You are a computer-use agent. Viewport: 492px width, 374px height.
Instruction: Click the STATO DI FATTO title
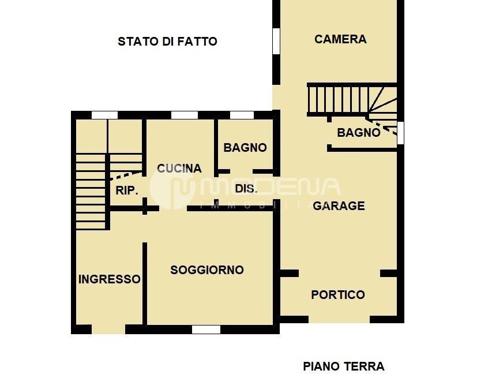[167, 42]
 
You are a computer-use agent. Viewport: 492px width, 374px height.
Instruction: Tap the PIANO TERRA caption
[343, 366]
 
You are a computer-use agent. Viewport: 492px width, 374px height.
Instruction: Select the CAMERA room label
[340, 39]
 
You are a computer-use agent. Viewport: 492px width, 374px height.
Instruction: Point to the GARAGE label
[339, 205]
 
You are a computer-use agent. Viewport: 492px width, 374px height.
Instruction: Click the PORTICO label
[338, 295]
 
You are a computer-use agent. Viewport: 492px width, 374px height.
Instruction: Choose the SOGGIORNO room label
[207, 270]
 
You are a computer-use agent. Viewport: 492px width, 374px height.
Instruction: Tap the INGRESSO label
[109, 279]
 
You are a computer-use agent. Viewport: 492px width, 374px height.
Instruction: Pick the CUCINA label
[179, 169]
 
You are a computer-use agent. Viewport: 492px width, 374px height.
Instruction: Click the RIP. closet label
[127, 190]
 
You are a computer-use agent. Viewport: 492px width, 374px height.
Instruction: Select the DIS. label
[246, 189]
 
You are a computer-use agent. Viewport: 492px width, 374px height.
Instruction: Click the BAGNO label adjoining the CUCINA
[245, 148]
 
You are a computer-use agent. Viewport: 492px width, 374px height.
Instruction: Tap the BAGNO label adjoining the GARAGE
[359, 133]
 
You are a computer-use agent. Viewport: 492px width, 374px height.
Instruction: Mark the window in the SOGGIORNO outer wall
[206, 330]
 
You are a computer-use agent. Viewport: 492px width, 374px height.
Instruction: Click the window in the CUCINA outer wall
[185, 115]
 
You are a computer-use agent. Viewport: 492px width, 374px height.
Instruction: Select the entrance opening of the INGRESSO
[108, 330]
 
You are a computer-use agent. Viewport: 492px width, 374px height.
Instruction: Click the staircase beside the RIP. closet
[91, 190]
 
